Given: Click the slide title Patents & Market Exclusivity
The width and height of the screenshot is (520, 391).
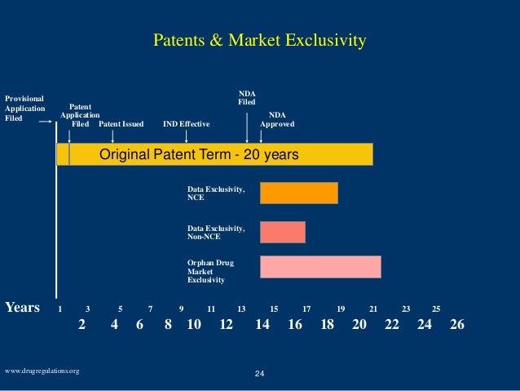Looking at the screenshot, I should pos(260,40).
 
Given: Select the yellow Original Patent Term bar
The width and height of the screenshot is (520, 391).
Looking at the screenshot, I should pos(214,154).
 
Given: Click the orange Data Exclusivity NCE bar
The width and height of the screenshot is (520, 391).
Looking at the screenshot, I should pos(298,193).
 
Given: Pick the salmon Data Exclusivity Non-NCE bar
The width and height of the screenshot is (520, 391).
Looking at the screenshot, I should pos(282,232).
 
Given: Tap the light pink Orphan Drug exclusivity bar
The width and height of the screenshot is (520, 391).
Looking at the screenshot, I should pos(319,267).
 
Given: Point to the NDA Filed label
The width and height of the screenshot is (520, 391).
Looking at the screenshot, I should pos(246,97).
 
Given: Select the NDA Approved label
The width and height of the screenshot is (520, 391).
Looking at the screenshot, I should pos(277,120).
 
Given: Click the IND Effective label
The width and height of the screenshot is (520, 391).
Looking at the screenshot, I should pos(186,124).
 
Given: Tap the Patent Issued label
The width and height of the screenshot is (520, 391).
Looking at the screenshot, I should pos(121,124).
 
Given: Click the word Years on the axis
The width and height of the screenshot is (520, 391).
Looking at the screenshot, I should pos(23,308).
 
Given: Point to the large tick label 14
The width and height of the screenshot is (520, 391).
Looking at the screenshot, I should pos(262,324).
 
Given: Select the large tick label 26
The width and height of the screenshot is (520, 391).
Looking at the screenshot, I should pos(456,324).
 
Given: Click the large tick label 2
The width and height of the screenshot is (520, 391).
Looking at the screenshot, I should pos(82,324).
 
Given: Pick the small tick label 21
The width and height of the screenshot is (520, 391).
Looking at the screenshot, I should pos(373,309).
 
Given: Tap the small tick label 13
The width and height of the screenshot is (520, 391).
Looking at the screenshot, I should pos(241,309).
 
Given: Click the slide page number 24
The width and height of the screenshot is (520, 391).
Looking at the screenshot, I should pos(260,373).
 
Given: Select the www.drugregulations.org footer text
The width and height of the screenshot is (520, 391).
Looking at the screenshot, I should pos(42,371).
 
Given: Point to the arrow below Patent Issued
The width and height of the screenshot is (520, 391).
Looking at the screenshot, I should pos(112,136).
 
